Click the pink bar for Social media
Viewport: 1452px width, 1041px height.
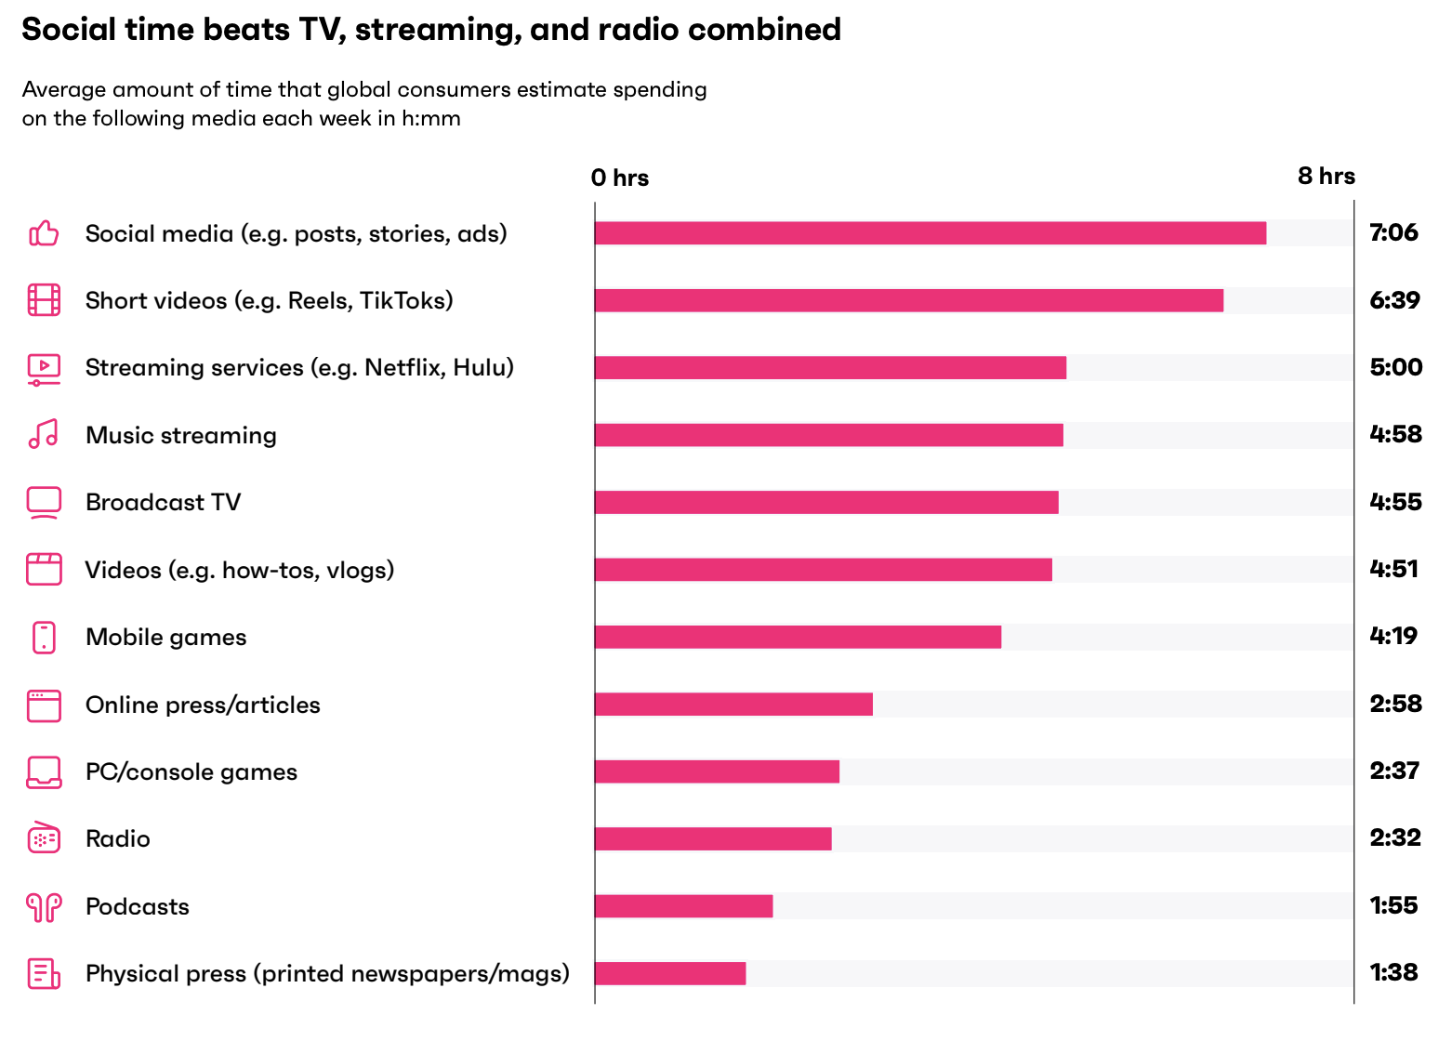point(930,233)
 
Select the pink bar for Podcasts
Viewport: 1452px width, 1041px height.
point(683,906)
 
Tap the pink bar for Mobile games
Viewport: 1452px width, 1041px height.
point(798,637)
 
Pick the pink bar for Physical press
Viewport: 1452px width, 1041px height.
point(670,973)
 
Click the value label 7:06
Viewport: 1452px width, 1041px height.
point(1393,232)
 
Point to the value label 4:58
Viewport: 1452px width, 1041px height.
point(1395,434)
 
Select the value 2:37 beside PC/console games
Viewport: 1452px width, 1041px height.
point(1394,771)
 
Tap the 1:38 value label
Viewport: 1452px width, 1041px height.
point(1393,972)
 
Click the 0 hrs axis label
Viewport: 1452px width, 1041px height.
point(620,178)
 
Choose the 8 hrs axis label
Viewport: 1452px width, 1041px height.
point(1327,176)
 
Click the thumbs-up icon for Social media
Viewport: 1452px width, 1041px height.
point(44,233)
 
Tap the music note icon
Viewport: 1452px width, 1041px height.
point(44,434)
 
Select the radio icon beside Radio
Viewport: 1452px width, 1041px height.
point(44,838)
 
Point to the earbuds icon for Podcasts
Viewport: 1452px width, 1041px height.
point(44,906)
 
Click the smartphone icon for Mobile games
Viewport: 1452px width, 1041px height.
point(44,638)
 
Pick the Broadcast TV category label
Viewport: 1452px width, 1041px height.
point(163,502)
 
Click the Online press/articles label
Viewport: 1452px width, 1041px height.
point(203,705)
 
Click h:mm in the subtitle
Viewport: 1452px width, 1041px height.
point(431,118)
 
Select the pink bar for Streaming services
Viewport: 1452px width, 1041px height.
point(830,367)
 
